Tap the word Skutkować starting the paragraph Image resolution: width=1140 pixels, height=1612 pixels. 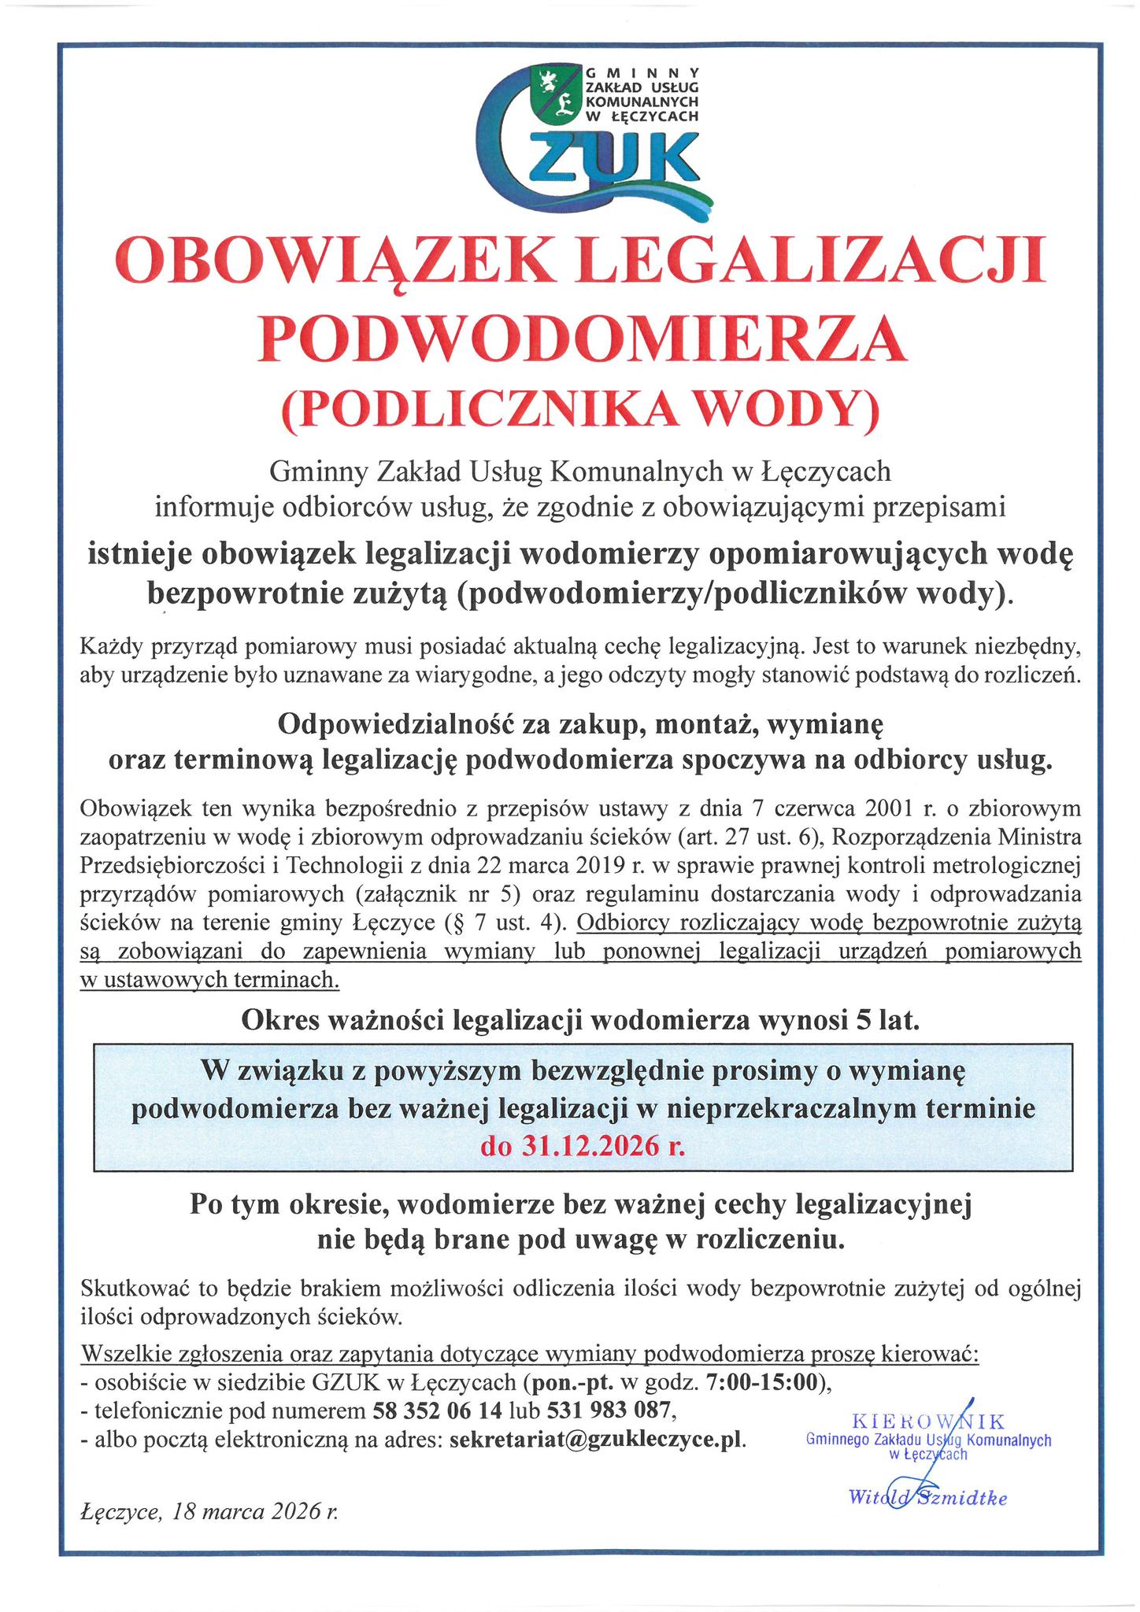136,1288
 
